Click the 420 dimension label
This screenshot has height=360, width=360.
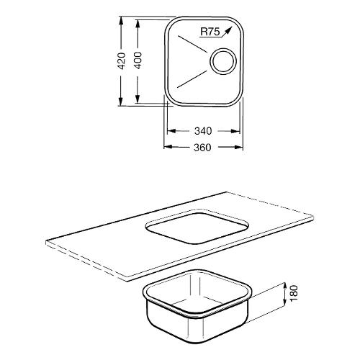tap(122, 61)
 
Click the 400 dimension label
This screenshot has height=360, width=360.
tap(138, 60)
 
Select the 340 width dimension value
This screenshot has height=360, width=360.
tap(203, 131)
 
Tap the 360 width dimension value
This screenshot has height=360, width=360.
tap(202, 147)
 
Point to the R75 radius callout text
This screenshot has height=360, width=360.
tap(210, 32)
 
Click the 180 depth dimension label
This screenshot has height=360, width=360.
tap(294, 293)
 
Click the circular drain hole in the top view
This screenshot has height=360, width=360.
tap(223, 61)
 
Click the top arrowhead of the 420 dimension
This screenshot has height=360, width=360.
tap(121, 21)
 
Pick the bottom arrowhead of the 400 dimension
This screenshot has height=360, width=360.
tap(138, 99)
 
